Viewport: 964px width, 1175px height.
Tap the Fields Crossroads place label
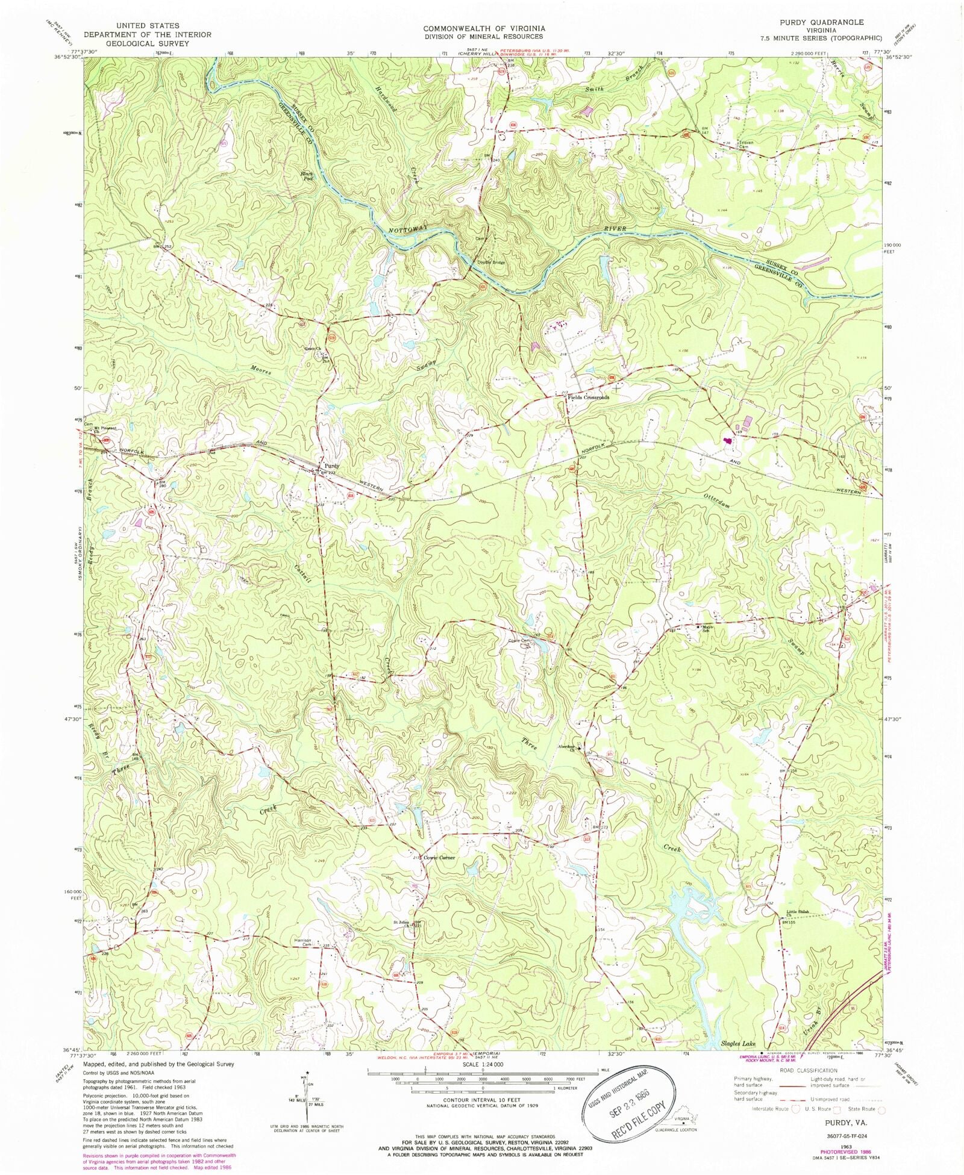(587, 397)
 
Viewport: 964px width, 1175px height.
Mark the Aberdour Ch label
(569, 748)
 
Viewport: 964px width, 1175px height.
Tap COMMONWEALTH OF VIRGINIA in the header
(484, 28)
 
